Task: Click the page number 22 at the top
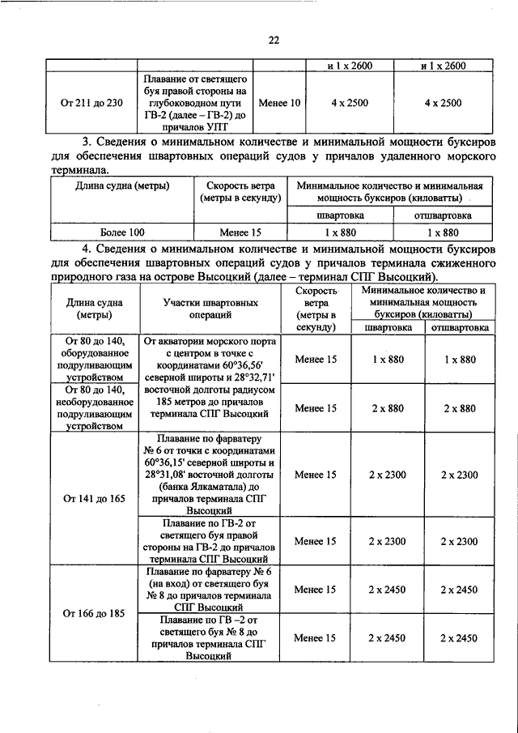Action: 274,40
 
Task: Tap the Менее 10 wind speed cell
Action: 278,103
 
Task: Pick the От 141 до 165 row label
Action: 94,499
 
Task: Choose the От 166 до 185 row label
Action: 94,613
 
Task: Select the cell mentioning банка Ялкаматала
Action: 210,475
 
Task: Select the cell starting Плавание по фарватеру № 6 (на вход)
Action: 210,590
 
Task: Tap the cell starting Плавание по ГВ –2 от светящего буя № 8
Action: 210,638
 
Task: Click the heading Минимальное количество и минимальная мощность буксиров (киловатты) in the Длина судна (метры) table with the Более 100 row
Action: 395,191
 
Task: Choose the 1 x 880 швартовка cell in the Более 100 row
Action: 340,233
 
